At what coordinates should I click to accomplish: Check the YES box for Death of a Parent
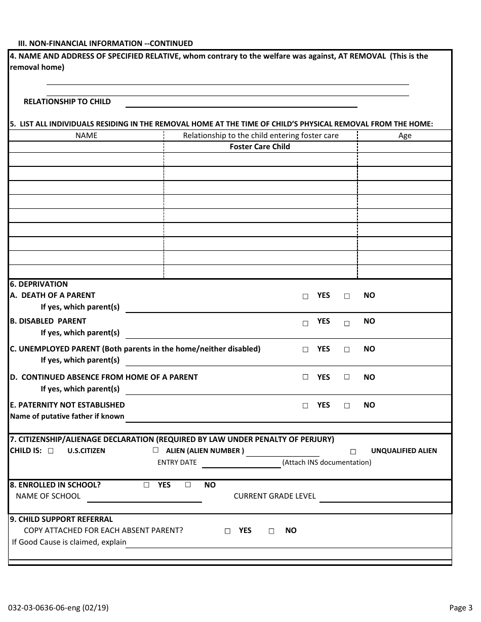click(305, 296)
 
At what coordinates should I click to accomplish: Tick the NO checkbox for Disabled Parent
click(347, 323)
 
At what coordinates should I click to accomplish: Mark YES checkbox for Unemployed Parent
click(305, 349)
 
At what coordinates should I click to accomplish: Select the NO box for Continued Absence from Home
click(347, 377)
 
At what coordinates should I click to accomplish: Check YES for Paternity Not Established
click(305, 406)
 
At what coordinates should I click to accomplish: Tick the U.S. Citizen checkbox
click(51, 451)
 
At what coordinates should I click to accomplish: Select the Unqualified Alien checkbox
click(353, 452)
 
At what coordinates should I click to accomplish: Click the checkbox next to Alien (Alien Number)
click(155, 450)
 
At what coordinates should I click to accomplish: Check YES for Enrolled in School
click(146, 484)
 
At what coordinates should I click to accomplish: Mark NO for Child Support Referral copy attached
click(271, 531)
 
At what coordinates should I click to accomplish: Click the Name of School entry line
click(144, 498)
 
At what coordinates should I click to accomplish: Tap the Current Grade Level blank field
click(385, 498)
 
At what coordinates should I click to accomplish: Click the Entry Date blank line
click(242, 464)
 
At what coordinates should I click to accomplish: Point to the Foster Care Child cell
click(260, 147)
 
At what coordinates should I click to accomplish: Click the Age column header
click(405, 136)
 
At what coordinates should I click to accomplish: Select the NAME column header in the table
click(86, 136)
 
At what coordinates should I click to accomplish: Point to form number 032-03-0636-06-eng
click(58, 608)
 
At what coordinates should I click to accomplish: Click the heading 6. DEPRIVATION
click(39, 284)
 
